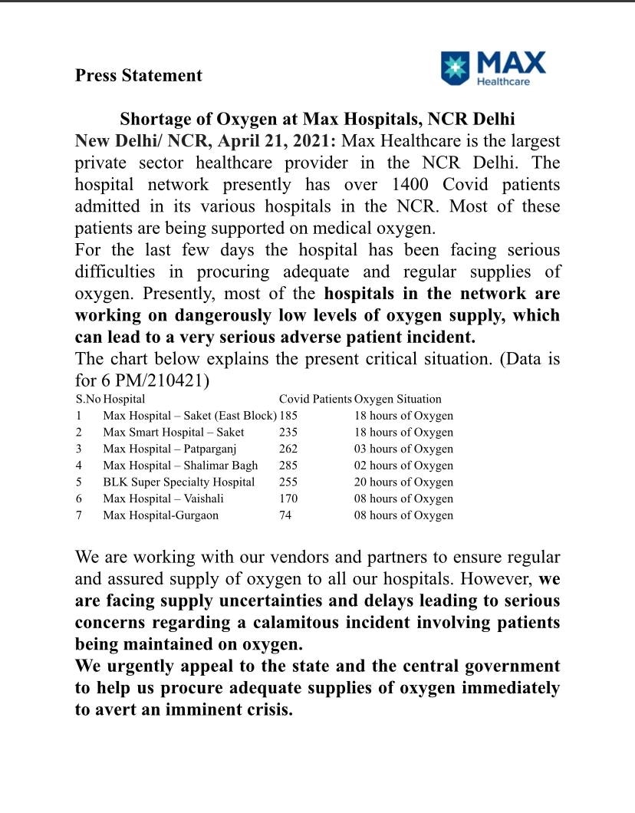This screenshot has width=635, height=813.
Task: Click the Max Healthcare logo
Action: [x=493, y=68]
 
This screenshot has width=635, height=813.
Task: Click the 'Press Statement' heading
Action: [x=139, y=75]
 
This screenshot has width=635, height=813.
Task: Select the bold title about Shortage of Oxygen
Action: [x=317, y=120]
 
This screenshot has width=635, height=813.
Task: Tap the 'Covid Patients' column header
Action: [x=315, y=399]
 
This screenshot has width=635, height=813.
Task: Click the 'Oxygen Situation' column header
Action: [x=397, y=399]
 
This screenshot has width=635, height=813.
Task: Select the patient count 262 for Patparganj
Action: [x=288, y=449]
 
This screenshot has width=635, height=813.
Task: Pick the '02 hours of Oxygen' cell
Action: [x=403, y=466]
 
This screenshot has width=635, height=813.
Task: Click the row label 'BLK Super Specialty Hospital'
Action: [x=179, y=482]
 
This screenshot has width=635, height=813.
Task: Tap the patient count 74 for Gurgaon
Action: [x=285, y=515]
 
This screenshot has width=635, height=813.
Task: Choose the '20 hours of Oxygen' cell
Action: [x=403, y=482]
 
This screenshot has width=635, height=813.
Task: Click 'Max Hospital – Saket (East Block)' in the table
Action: [x=189, y=416]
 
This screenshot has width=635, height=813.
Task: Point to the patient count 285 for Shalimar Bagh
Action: [x=288, y=466]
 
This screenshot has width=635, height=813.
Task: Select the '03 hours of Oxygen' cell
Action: [x=403, y=449]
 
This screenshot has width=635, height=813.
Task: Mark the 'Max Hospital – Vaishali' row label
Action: [x=163, y=499]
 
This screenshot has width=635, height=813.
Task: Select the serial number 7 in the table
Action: [x=79, y=515]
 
